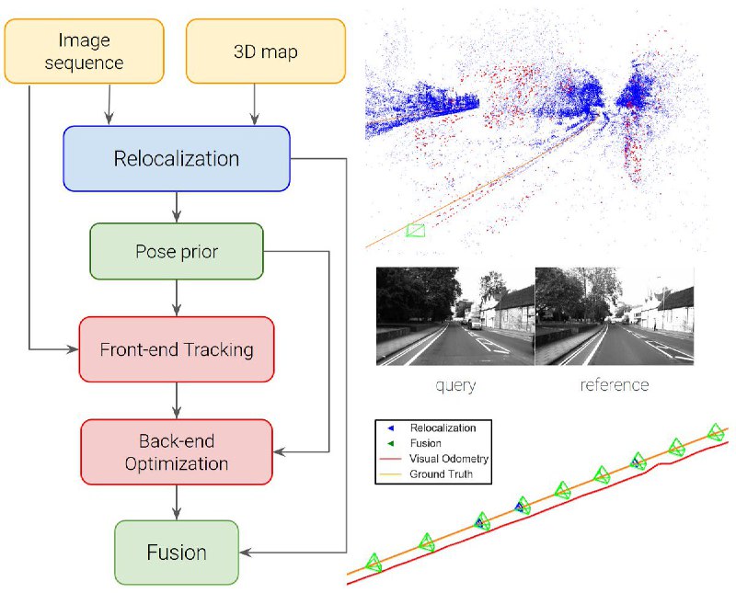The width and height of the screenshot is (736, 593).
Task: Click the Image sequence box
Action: click(84, 51)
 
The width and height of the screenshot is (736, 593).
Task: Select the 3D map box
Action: click(266, 51)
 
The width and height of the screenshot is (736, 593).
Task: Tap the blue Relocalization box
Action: click(177, 158)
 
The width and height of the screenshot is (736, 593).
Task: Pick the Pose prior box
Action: click(177, 252)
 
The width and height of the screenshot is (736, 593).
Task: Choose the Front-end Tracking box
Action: click(177, 349)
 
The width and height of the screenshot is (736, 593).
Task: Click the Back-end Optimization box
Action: click(177, 451)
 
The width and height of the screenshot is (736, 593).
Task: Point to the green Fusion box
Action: click(177, 553)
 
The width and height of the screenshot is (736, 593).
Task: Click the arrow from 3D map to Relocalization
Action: click(255, 105)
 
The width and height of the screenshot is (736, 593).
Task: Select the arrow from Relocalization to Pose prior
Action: click(177, 207)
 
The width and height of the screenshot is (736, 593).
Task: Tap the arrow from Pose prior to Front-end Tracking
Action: click(177, 298)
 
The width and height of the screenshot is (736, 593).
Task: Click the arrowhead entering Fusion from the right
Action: click(245, 553)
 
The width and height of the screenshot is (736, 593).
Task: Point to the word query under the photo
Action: click(455, 385)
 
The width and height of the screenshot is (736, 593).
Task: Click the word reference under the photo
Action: click(615, 384)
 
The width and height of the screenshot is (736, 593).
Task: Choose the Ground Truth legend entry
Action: click(426, 474)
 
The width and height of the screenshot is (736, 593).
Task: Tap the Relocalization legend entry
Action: click(431, 428)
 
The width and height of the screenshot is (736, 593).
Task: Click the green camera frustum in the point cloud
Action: click(416, 231)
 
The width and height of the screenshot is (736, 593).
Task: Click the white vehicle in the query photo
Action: click(476, 324)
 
